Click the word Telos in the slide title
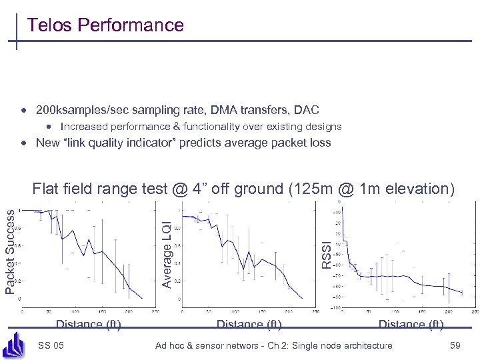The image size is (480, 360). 49,25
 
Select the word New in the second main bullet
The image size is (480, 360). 47,143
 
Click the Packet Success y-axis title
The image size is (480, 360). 10,249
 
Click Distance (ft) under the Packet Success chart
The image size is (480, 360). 88,325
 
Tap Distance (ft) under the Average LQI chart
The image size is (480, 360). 249,325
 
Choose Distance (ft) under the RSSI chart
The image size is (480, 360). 411,325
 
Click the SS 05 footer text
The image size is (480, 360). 51,345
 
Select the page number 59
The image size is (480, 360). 455,345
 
